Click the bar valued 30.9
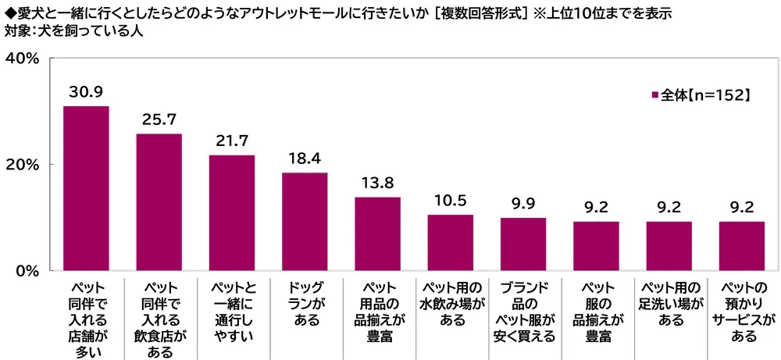[x=86, y=188]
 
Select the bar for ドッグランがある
[x=305, y=222]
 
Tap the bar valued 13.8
[x=377, y=233]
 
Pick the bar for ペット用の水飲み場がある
[x=450, y=243]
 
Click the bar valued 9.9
[x=523, y=244]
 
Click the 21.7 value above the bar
[x=231, y=141]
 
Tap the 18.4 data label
[x=305, y=159]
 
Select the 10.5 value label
[x=450, y=201]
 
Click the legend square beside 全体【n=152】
[x=654, y=95]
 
